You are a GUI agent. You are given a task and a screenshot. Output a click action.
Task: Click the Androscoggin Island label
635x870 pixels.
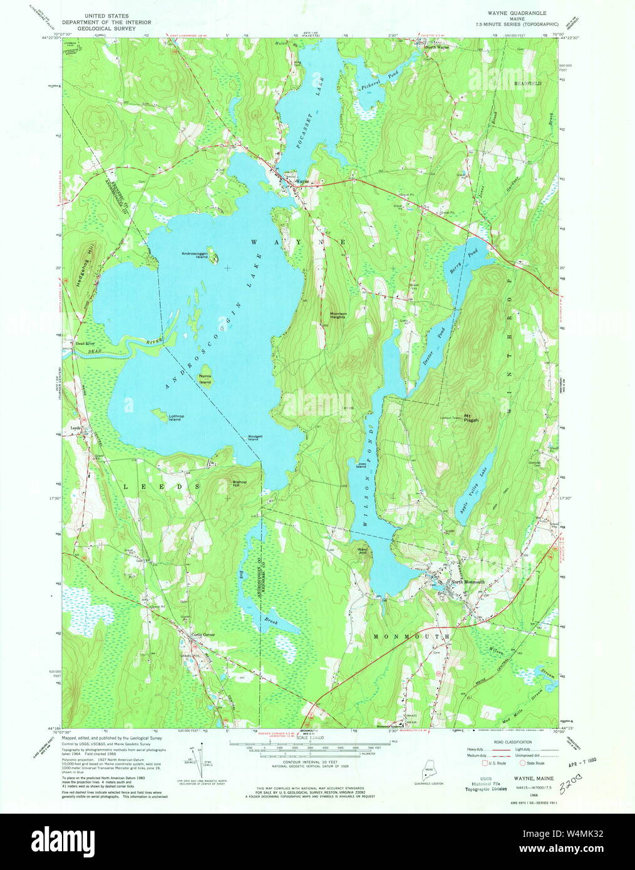[195, 255]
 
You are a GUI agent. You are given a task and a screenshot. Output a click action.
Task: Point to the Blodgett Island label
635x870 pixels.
[254, 438]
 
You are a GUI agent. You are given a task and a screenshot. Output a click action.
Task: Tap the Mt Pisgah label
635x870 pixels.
[471, 419]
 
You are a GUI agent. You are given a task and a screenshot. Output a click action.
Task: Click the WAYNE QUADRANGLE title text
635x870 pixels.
[517, 13]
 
